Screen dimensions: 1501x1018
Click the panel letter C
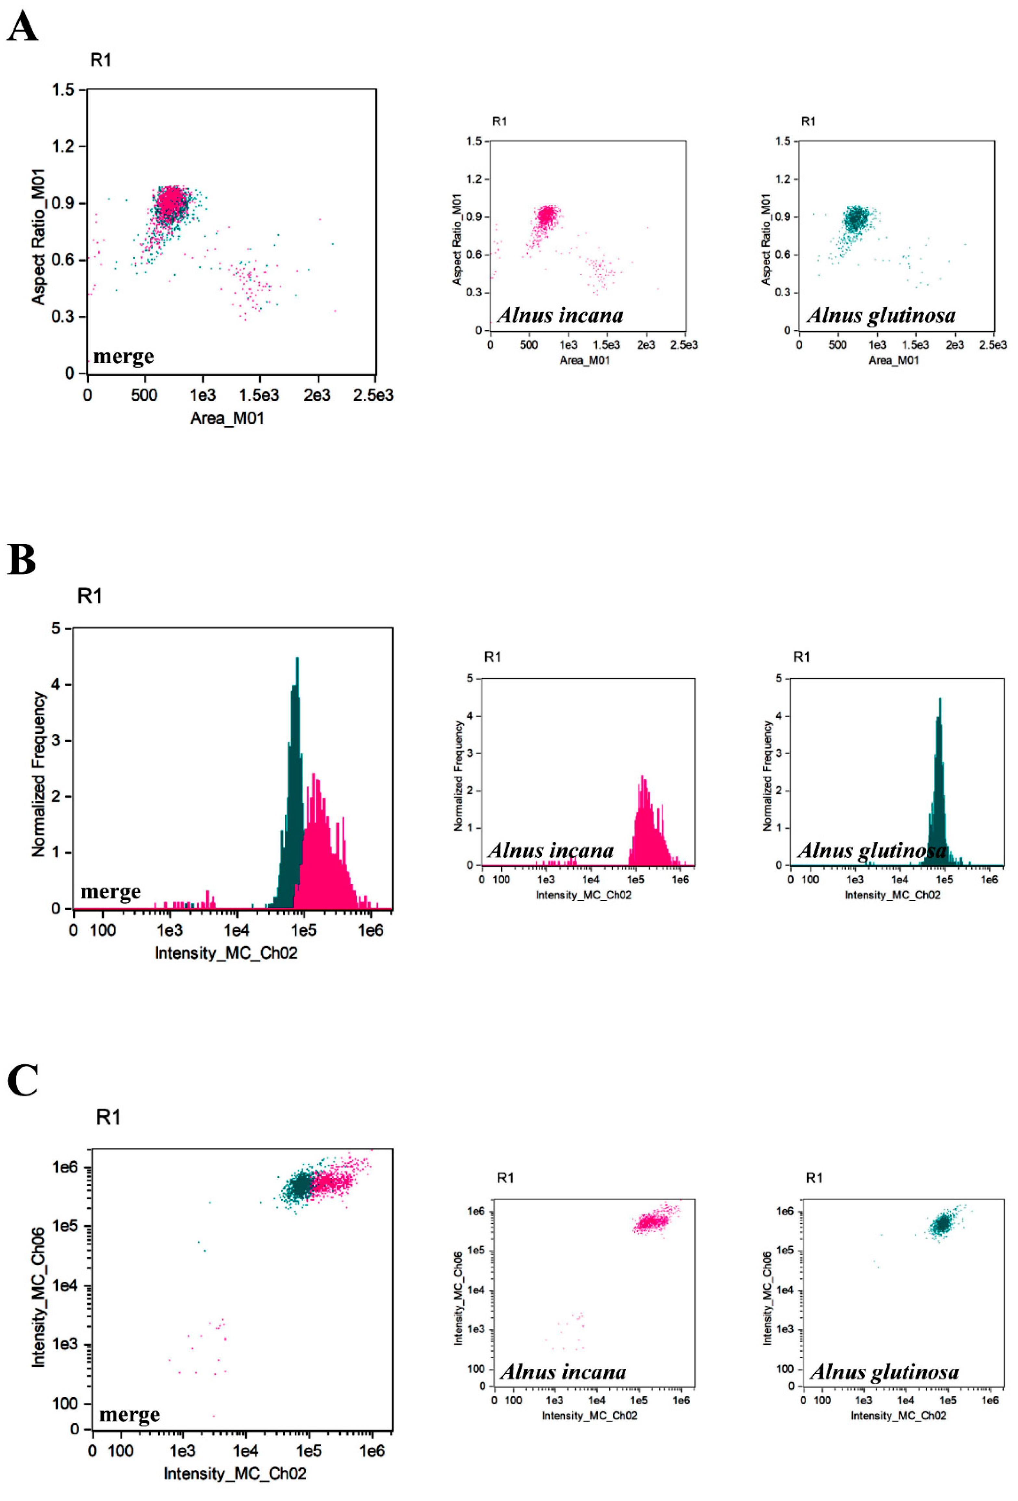(23, 1080)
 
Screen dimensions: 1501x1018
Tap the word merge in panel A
(123, 356)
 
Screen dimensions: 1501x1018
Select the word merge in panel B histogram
(110, 892)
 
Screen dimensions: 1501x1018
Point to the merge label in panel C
(129, 1415)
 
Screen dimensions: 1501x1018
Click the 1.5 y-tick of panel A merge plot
(63, 90)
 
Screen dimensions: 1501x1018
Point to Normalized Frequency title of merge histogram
(39, 774)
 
